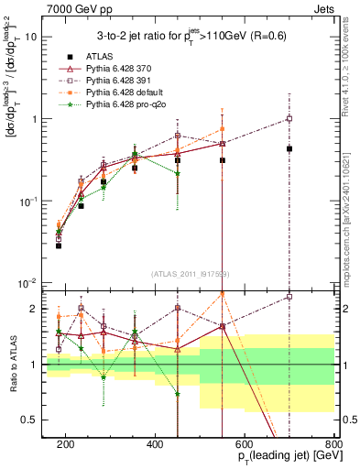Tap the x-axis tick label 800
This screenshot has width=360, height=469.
coord(333,443)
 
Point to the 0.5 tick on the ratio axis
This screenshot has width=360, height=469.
coord(32,420)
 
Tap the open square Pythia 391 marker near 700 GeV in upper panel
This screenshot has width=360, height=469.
coord(289,118)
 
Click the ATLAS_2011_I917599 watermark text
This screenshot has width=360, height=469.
coord(190,275)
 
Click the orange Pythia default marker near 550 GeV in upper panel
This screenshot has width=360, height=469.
coord(223,129)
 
